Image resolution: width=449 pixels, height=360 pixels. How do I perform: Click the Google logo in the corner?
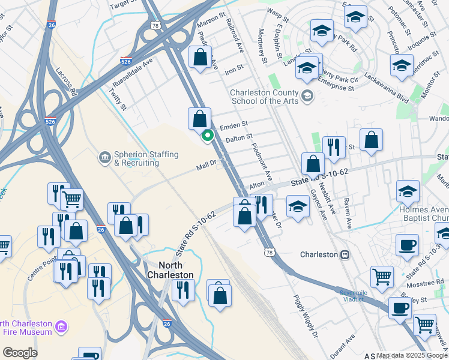click(20, 353)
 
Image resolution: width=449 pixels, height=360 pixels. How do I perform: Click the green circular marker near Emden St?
click(208, 135)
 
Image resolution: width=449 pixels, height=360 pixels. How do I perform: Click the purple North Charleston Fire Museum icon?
click(60, 327)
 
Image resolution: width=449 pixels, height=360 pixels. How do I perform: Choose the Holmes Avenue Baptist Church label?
click(423, 214)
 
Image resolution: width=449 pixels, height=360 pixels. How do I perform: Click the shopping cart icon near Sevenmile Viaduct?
click(382, 277)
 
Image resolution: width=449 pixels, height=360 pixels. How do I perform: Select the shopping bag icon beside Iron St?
click(200, 58)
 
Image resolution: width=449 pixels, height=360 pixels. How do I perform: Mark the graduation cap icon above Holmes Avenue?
click(408, 191)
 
